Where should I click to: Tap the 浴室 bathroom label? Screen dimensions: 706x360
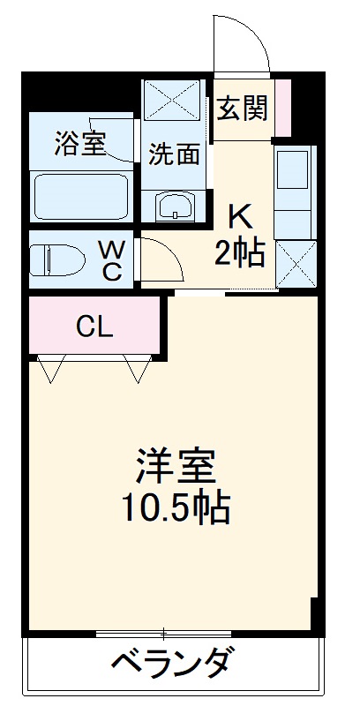tap(80, 143)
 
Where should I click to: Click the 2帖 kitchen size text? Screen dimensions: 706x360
tap(240, 253)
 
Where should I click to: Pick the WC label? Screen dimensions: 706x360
tap(111, 259)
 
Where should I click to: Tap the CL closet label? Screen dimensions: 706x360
tap(94, 327)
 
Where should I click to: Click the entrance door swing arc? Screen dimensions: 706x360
tap(241, 40)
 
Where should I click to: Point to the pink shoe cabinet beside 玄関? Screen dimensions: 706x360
tap(282, 107)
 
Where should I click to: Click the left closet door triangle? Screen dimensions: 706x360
tap(51, 368)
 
